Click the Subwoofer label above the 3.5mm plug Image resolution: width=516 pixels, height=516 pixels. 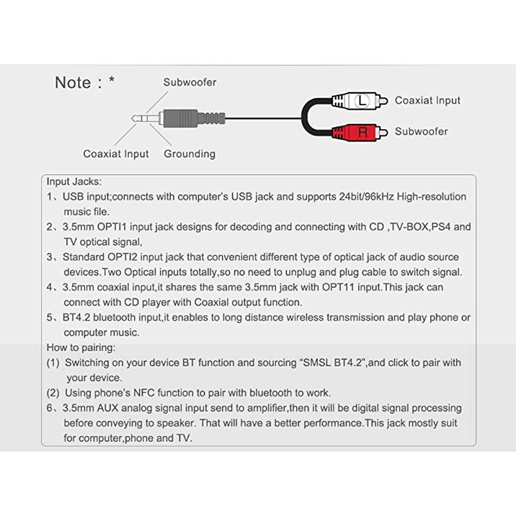[x=190, y=83]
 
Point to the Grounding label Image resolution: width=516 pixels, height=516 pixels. [x=190, y=154]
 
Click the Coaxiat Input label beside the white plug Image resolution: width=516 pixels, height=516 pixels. [x=428, y=101]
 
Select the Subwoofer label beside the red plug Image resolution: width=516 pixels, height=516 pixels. [x=421, y=132]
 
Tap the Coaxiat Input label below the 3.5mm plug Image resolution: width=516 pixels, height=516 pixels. [x=116, y=154]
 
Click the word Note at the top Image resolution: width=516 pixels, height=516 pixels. [x=73, y=83]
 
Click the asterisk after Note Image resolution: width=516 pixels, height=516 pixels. [x=112, y=80]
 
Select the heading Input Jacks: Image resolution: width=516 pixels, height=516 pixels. [x=74, y=181]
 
